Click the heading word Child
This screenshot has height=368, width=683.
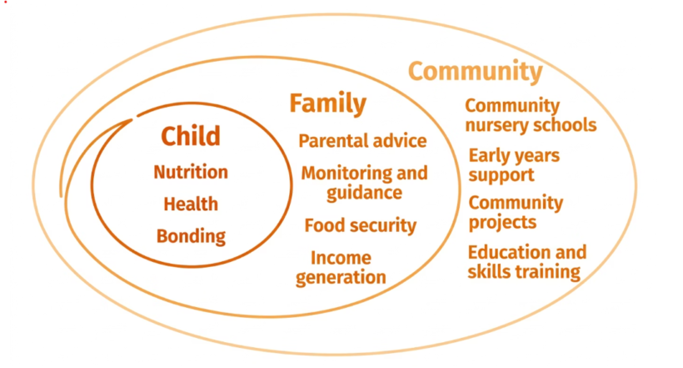[191, 136]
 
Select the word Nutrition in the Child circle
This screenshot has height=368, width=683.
[191, 172]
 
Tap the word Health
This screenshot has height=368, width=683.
[191, 204]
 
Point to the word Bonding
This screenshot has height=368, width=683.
[191, 237]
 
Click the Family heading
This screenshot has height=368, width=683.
[328, 104]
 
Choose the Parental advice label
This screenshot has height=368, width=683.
[362, 141]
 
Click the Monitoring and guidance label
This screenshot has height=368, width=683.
[365, 184]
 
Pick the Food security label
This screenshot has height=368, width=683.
[360, 225]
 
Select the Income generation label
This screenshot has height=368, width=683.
[341, 268]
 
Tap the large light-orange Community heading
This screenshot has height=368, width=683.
[476, 71]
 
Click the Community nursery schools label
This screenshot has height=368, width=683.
[531, 115]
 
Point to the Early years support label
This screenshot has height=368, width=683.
[514, 165]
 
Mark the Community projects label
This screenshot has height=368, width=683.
[516, 213]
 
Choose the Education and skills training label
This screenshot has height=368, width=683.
[527, 262]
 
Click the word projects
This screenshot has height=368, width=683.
[502, 223]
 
